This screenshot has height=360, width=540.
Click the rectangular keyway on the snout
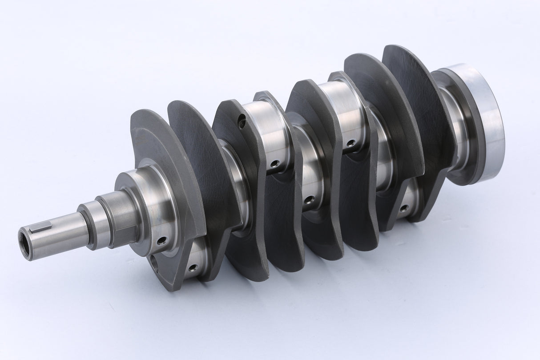pos(41,229)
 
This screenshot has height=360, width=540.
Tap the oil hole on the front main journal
pos(161,240)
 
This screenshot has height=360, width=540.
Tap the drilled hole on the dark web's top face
pos(242,120)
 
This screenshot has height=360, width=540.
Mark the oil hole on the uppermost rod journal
pos(351,143)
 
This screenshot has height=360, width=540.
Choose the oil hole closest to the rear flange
pos(404,207)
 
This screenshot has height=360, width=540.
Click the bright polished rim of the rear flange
pos(489,120)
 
